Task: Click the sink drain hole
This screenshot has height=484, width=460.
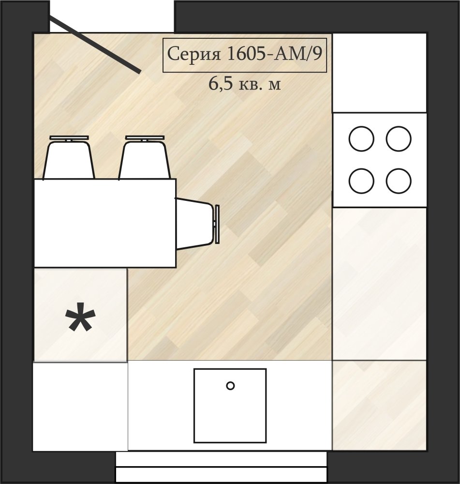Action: pyautogui.click(x=230, y=386)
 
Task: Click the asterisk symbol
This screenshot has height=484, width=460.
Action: pyautogui.click(x=80, y=317)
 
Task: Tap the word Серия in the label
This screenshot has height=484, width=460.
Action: pyautogui.click(x=194, y=54)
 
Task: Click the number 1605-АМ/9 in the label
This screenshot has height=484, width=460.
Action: pyautogui.click(x=274, y=54)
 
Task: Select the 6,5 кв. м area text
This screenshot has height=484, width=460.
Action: pyautogui.click(x=245, y=84)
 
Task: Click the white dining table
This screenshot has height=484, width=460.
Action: pyautogui.click(x=105, y=223)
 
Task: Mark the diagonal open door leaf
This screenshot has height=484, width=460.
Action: pyautogui.click(x=95, y=45)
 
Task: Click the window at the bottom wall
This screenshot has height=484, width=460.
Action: pyautogui.click(x=221, y=468)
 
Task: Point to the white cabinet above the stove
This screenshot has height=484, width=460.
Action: pyautogui.click(x=380, y=73)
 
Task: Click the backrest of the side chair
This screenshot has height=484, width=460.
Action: pyautogui.click(x=217, y=224)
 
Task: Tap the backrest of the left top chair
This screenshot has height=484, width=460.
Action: pyautogui.click(x=69, y=138)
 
